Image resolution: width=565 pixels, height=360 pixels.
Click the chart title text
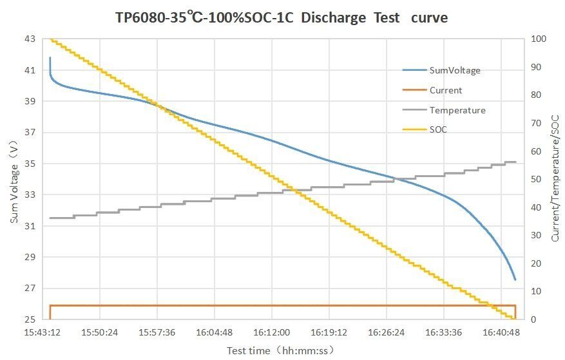(x=282, y=17)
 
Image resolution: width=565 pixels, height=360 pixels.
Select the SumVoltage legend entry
(x=455, y=70)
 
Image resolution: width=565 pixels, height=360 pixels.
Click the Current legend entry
(x=446, y=90)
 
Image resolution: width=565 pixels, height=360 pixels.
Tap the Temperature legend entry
(x=457, y=110)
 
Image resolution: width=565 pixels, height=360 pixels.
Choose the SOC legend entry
(x=438, y=129)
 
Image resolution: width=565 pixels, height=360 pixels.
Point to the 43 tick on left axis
(x=30, y=39)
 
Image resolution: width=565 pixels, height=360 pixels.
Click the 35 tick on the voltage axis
(x=30, y=164)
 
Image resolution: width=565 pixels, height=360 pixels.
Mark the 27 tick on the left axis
(x=30, y=288)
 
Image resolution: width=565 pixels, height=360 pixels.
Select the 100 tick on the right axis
(x=539, y=39)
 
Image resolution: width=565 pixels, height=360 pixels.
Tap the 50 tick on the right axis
(x=537, y=179)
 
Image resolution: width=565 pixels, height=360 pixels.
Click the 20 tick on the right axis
(x=537, y=263)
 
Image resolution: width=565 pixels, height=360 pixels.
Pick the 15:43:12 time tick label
(x=43, y=332)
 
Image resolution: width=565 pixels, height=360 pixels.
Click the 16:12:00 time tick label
(x=271, y=332)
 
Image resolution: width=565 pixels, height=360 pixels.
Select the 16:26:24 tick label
(x=386, y=332)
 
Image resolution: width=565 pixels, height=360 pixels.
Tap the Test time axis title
(x=280, y=350)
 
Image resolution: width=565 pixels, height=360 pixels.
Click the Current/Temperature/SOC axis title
(x=555, y=180)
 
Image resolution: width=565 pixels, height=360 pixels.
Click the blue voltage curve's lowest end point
(x=515, y=279)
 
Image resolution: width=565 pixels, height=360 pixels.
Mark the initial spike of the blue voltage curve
(x=50, y=58)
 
